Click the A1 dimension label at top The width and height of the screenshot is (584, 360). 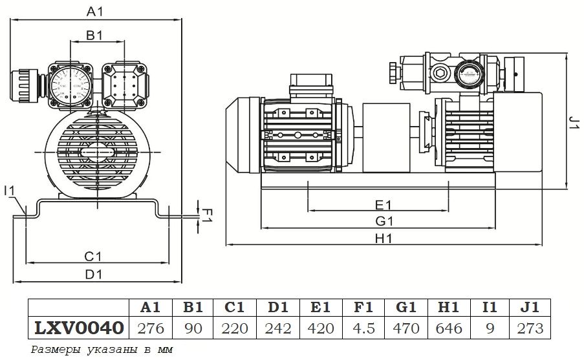(x=95, y=11)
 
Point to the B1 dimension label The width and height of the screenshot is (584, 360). (x=95, y=36)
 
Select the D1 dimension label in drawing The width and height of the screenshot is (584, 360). (x=94, y=274)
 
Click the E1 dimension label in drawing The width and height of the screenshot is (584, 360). (x=384, y=205)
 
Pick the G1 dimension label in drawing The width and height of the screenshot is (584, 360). (x=384, y=221)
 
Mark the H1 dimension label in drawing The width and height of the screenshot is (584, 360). (x=384, y=238)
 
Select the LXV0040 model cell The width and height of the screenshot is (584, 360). (x=78, y=328)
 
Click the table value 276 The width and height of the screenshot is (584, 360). (x=151, y=328)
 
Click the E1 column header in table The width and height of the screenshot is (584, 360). (x=321, y=308)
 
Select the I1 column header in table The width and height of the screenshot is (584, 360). (x=490, y=308)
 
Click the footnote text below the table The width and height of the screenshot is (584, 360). (x=103, y=350)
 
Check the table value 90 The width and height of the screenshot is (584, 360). (x=193, y=328)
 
